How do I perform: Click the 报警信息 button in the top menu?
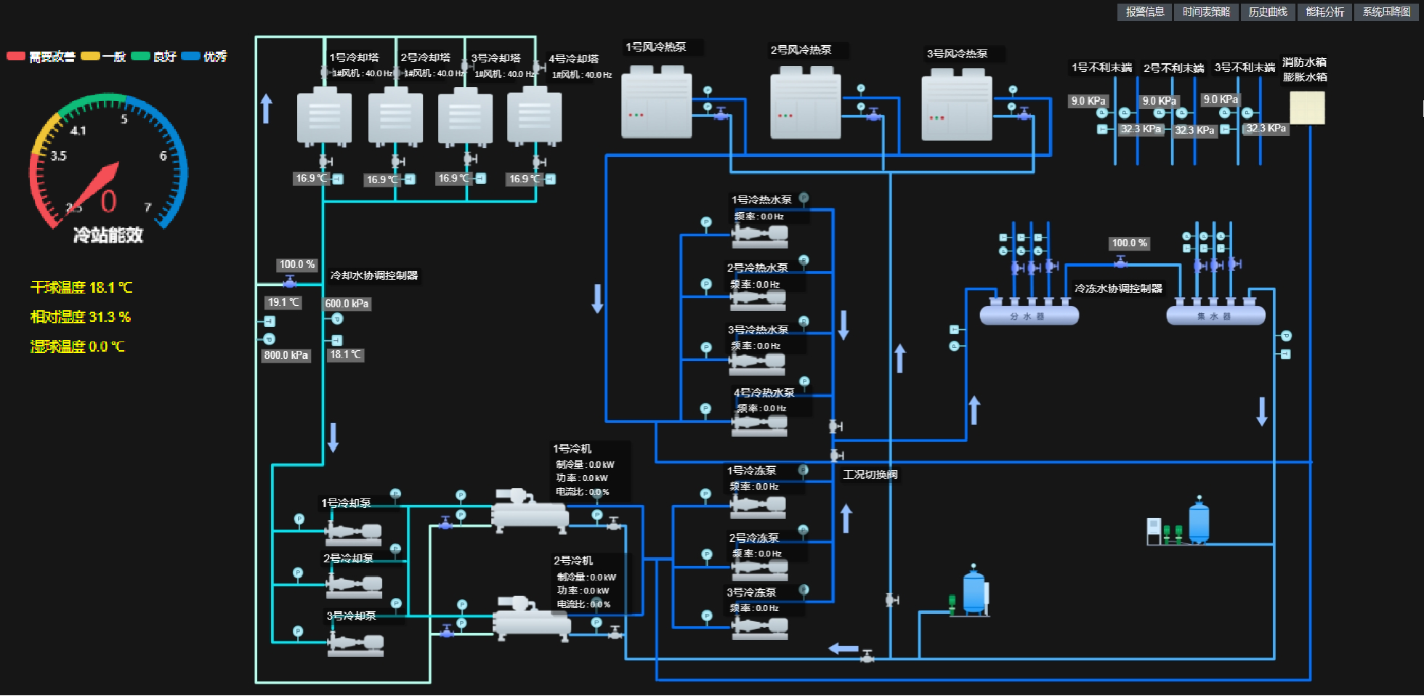point(1145,12)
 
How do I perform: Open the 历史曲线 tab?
point(1268,12)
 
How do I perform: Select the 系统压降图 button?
point(1386,12)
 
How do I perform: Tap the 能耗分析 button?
point(1325,12)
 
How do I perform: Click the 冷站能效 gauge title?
point(108,235)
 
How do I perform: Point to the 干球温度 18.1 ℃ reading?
point(81,288)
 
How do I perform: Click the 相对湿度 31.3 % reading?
point(81,317)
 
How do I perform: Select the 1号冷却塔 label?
point(355,57)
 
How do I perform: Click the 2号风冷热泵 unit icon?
point(805,103)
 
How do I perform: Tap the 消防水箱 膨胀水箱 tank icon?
point(1307,108)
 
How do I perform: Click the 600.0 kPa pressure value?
point(347,304)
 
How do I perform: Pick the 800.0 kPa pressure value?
point(286,355)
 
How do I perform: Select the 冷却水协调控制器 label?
point(374,275)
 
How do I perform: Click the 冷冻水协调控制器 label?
point(1118,288)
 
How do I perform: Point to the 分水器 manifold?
point(1029,315)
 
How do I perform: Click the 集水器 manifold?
point(1215,315)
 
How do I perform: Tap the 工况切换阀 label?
point(870,474)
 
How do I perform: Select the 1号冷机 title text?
point(573,448)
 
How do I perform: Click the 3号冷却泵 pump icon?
point(355,642)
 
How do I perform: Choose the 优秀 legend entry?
point(205,57)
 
